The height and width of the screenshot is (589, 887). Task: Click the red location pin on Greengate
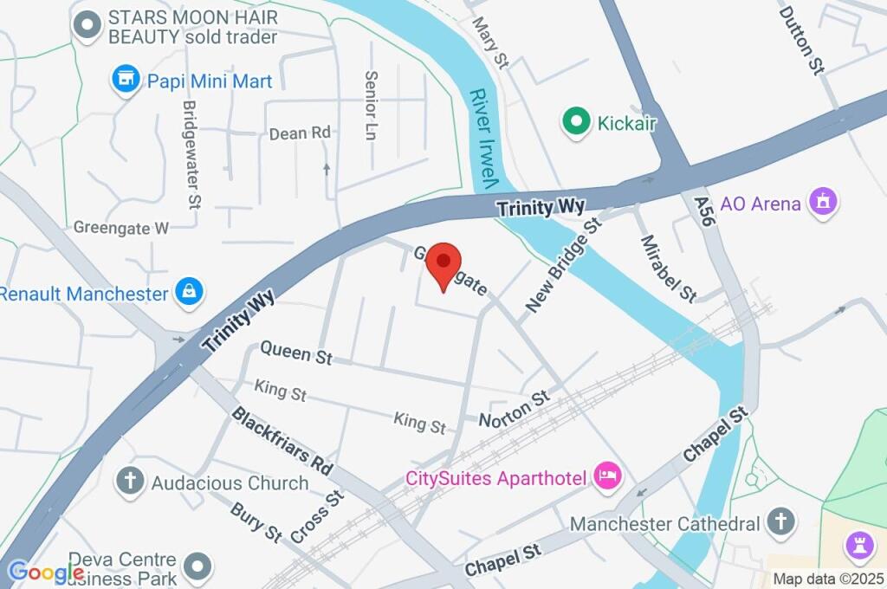(x=443, y=262)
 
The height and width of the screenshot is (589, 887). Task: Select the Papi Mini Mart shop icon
(x=126, y=81)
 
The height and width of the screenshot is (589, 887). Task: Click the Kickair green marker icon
(x=573, y=122)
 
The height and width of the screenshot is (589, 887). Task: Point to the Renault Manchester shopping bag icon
(x=188, y=293)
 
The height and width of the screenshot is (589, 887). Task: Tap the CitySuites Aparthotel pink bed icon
(x=607, y=476)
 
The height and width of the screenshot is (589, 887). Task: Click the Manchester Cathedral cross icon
(x=780, y=522)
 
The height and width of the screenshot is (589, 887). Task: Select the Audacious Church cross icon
(x=131, y=482)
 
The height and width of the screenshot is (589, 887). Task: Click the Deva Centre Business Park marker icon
(x=200, y=567)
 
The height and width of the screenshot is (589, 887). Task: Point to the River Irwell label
(x=482, y=139)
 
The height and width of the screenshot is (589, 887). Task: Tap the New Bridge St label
(x=564, y=266)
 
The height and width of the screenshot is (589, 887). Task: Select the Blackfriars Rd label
(x=282, y=439)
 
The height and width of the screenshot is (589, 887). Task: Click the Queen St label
(x=296, y=353)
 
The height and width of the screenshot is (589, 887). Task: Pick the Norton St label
(x=515, y=408)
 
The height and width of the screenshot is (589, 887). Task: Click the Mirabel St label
(x=668, y=269)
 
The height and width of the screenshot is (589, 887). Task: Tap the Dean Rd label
(x=300, y=133)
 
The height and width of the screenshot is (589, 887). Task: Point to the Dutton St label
(x=800, y=40)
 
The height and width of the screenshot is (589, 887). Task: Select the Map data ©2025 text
(x=828, y=579)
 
